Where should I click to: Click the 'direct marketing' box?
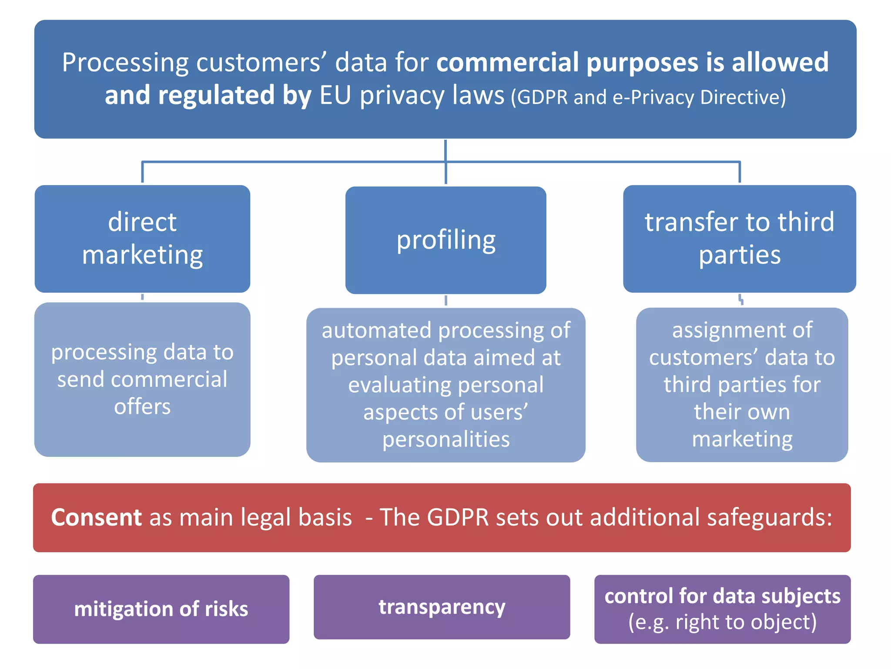tap(142, 239)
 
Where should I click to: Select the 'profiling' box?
tap(445, 240)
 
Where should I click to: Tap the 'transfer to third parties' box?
tap(739, 239)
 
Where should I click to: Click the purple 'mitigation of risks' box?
tap(161, 609)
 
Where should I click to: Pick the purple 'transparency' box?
tap(442, 607)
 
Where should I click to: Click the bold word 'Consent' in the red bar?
tap(96, 517)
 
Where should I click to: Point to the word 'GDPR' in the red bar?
tap(458, 517)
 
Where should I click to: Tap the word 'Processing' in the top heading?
tap(125, 63)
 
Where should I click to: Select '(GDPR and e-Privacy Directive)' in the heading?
tap(648, 97)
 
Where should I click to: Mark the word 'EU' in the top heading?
tap(335, 95)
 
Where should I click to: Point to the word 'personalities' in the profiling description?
tap(446, 439)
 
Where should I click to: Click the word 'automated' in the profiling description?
tap(377, 330)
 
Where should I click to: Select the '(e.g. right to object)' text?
tap(722, 622)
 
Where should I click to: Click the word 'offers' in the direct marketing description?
tap(142, 406)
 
